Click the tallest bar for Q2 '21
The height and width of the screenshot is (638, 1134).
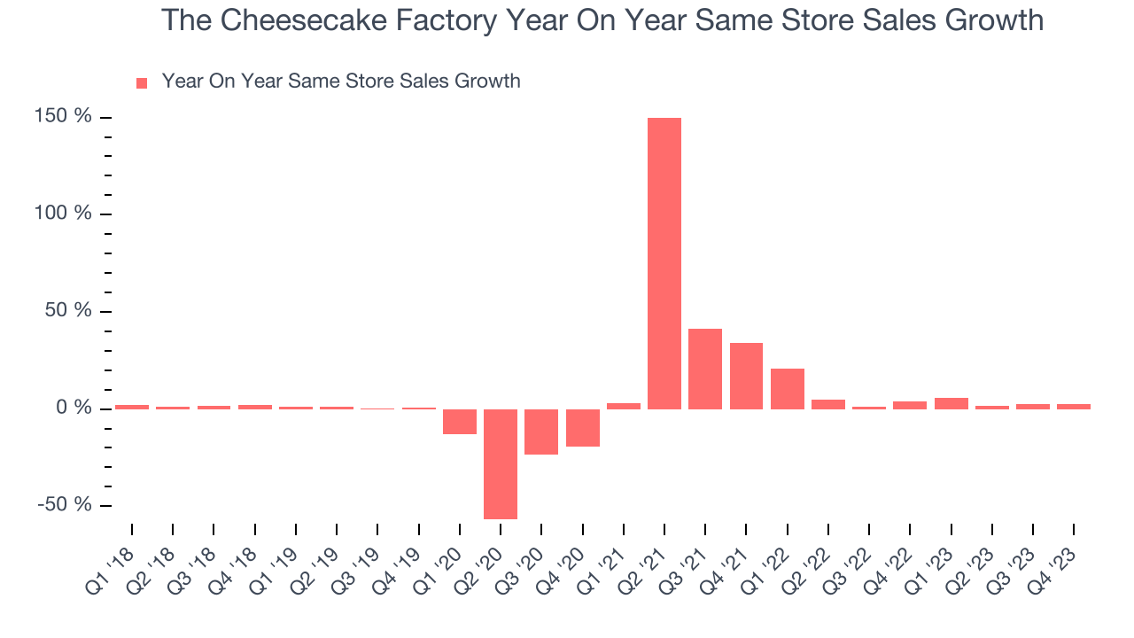pyautogui.click(x=664, y=263)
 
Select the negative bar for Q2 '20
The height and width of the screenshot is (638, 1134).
pyautogui.click(x=501, y=463)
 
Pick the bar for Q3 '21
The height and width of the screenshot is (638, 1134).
pyautogui.click(x=705, y=369)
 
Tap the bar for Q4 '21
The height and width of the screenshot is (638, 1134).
pyautogui.click(x=746, y=376)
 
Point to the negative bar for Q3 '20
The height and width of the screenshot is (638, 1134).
pyautogui.click(x=541, y=432)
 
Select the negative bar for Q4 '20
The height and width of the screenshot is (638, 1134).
pyautogui.click(x=583, y=427)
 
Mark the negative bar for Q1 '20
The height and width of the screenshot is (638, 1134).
pyautogui.click(x=460, y=422)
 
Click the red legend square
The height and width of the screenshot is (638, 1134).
pyautogui.click(x=142, y=83)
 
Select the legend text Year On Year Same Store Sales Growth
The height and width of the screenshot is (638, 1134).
pyautogui.click(x=341, y=82)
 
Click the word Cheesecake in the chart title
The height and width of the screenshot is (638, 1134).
pyautogui.click(x=304, y=19)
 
